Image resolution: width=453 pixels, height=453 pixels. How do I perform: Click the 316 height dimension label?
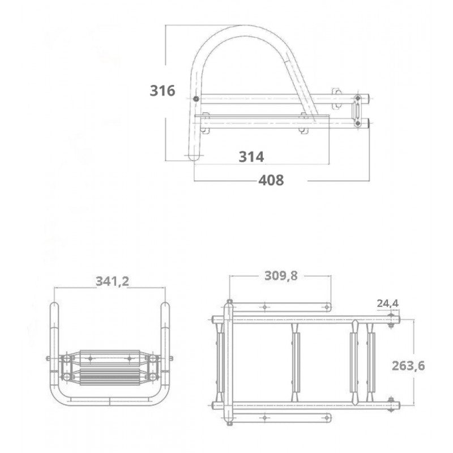click(x=163, y=90)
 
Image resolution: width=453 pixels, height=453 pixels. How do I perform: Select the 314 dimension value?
click(x=251, y=157)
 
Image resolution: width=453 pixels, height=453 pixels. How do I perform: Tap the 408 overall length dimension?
click(x=271, y=180)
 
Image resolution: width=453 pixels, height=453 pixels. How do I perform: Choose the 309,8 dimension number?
click(x=280, y=276)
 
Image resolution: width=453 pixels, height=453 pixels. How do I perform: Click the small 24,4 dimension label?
click(x=388, y=303)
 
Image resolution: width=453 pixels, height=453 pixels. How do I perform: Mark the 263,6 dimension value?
click(x=408, y=365)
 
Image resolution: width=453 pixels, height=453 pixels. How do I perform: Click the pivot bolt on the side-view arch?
click(x=196, y=100)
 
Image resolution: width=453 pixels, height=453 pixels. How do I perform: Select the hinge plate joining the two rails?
click(x=357, y=111)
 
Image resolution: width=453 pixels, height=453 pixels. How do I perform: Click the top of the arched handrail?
click(x=238, y=28)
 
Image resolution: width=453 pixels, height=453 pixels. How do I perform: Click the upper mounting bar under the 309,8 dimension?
click(x=280, y=307)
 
